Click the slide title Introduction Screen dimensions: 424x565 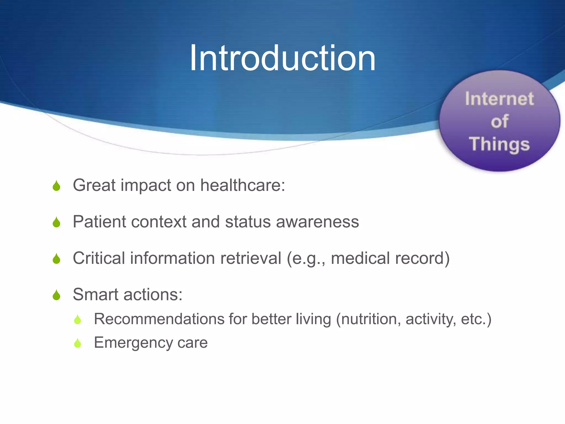(282, 59)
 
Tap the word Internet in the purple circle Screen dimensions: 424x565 (499, 99)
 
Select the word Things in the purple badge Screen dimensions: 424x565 (499, 144)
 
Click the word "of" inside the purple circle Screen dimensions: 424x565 (499, 121)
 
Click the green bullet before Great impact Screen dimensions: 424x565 (57, 186)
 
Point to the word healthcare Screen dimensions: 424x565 (242, 185)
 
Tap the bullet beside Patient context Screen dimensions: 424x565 (57, 222)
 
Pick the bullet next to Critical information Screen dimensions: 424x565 (57, 259)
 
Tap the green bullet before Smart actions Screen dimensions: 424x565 (57, 295)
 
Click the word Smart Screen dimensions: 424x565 (95, 295)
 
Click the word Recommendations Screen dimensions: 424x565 (159, 319)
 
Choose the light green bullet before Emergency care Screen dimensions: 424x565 (78, 343)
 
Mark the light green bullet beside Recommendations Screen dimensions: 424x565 (78, 320)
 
